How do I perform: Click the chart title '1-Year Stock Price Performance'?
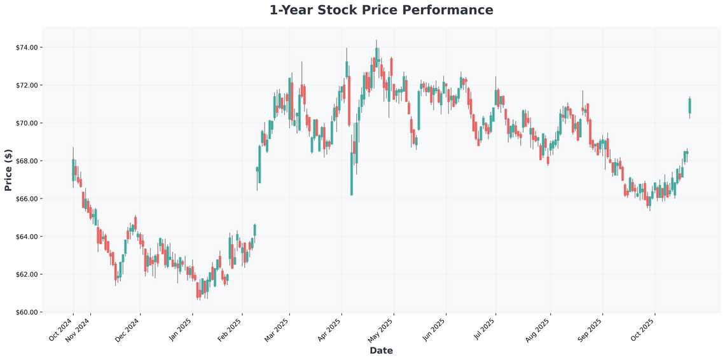click(x=381, y=10)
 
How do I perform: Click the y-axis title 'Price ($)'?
click(x=8, y=170)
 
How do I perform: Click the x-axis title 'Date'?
click(x=381, y=350)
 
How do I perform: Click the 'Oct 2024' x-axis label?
click(x=60, y=329)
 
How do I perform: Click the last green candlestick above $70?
click(x=689, y=106)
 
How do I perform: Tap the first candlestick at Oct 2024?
click(x=73, y=170)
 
